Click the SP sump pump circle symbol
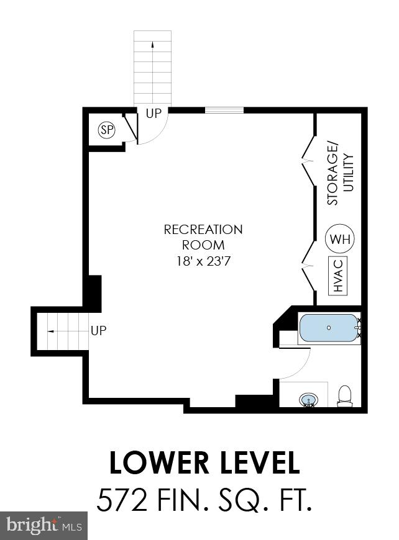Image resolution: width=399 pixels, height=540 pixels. click(x=108, y=130)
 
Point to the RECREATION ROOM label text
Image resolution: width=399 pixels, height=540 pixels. click(x=203, y=237)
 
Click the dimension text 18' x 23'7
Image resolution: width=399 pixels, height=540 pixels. click(x=203, y=261)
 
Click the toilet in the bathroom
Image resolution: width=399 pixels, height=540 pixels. click(x=344, y=396)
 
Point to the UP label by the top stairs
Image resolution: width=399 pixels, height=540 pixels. click(x=153, y=114)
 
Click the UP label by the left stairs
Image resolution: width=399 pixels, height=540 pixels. click(x=98, y=331)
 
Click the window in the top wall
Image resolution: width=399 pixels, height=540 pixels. click(x=224, y=111)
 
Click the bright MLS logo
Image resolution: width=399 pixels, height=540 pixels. click(x=44, y=525)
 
